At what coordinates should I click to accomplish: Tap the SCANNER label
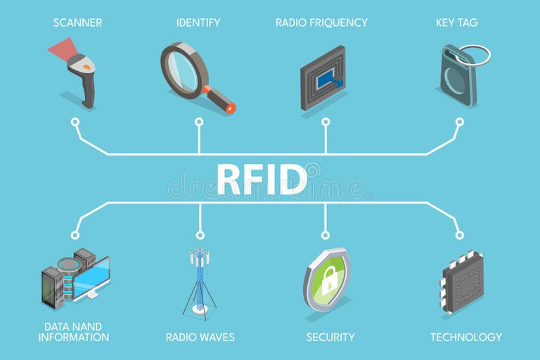[x=77, y=22]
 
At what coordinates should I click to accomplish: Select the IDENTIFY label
[x=198, y=22]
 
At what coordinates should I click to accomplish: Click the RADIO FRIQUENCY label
[x=321, y=22]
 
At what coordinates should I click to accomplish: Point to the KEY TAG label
[x=456, y=22]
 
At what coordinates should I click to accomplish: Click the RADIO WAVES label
[x=200, y=337]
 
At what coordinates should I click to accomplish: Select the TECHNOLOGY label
[x=466, y=337]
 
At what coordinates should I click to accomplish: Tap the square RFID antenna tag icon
[x=323, y=78]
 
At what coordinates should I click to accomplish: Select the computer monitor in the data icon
[x=91, y=278]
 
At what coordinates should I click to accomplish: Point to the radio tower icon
[x=200, y=281]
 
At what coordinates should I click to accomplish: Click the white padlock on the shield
[x=328, y=281]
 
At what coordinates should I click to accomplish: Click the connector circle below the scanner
[x=75, y=122]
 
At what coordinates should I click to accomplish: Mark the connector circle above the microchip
[x=459, y=235]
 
